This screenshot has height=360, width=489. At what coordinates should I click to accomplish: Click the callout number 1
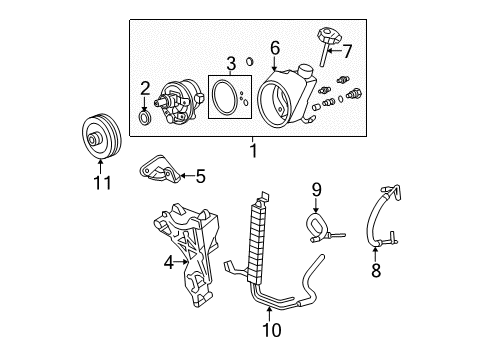(x=252, y=150)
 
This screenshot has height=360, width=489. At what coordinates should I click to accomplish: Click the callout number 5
(x=199, y=177)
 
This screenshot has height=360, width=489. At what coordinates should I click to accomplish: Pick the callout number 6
(x=274, y=46)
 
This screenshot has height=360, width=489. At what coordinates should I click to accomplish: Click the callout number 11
(x=97, y=183)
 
